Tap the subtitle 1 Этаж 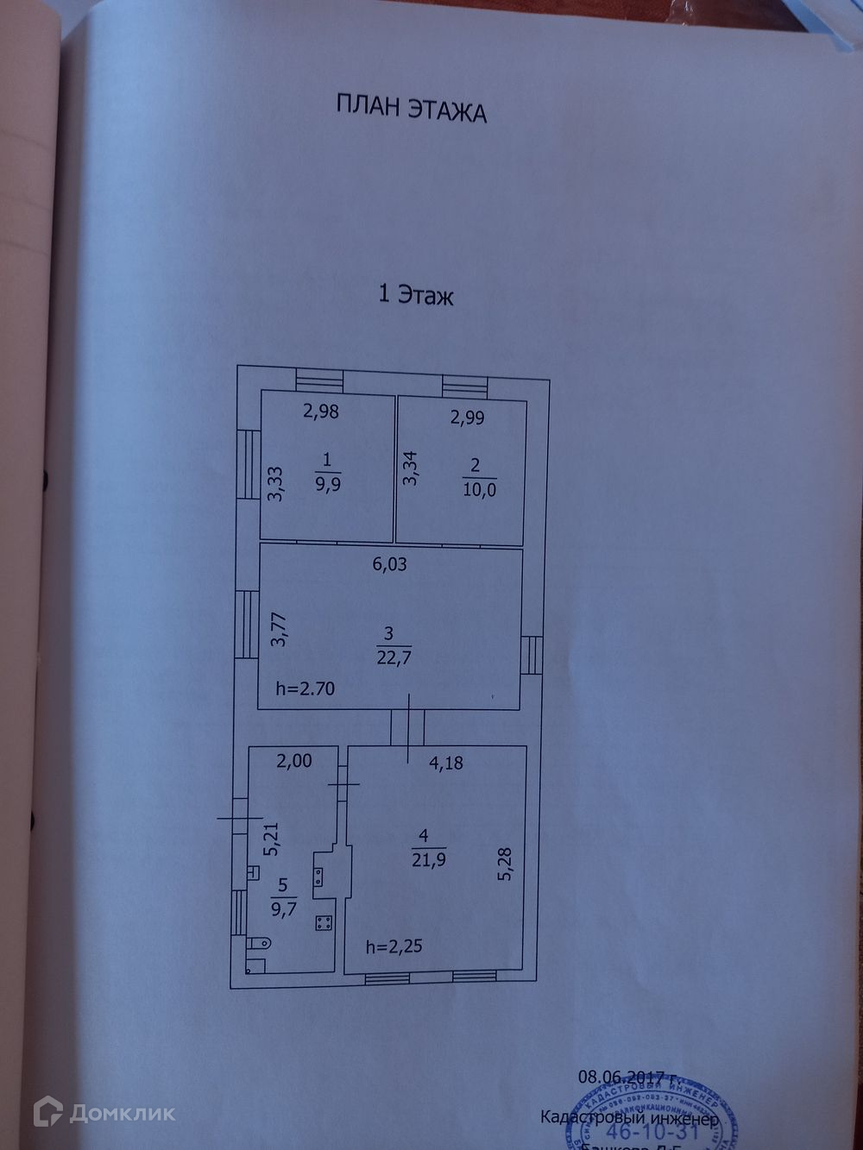tap(416, 296)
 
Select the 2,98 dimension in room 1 tap(320, 412)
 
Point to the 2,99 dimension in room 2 tap(468, 418)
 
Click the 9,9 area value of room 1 tap(328, 483)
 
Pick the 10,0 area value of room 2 tap(479, 489)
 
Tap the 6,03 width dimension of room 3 tap(389, 565)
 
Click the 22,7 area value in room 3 tap(394, 658)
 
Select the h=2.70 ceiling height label tap(305, 688)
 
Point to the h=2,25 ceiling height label tap(394, 946)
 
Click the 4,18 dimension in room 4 tap(446, 763)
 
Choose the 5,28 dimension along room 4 tap(505, 864)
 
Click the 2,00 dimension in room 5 tap(294, 761)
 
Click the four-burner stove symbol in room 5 tap(324, 923)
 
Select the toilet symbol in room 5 tap(258, 943)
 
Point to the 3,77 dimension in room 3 tap(277, 629)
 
